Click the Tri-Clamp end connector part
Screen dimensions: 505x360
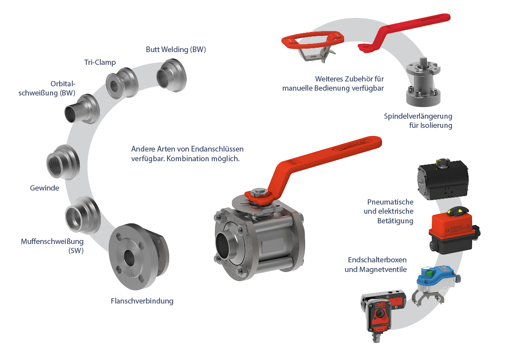(122, 83)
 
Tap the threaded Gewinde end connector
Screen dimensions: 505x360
(63, 162)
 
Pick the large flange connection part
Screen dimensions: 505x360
(138, 256)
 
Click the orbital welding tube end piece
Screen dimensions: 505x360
(82, 109)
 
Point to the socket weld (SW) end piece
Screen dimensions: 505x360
(83, 215)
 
